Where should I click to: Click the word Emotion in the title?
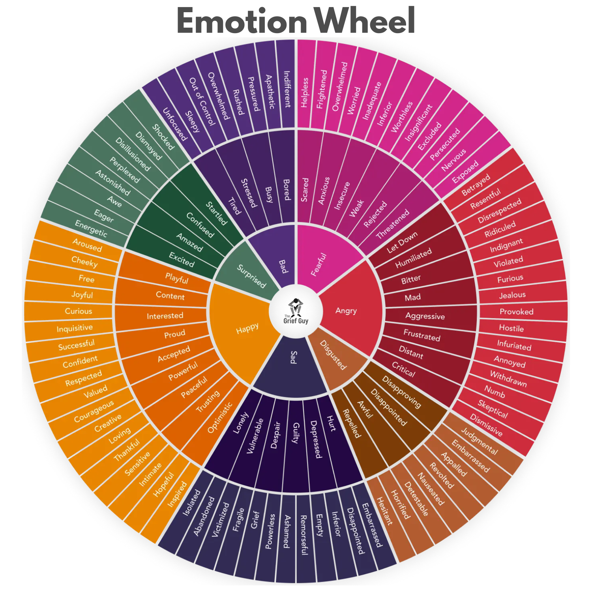(242, 22)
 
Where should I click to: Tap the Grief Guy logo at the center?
(296, 312)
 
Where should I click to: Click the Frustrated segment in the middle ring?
(422, 335)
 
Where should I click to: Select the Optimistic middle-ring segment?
(219, 418)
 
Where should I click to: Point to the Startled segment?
(216, 213)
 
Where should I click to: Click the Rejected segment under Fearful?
(375, 214)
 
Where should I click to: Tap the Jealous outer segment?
(512, 295)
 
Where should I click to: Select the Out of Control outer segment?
(202, 102)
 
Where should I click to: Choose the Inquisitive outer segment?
(75, 328)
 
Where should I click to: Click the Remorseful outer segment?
(303, 535)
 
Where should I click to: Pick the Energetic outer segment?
(91, 229)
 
